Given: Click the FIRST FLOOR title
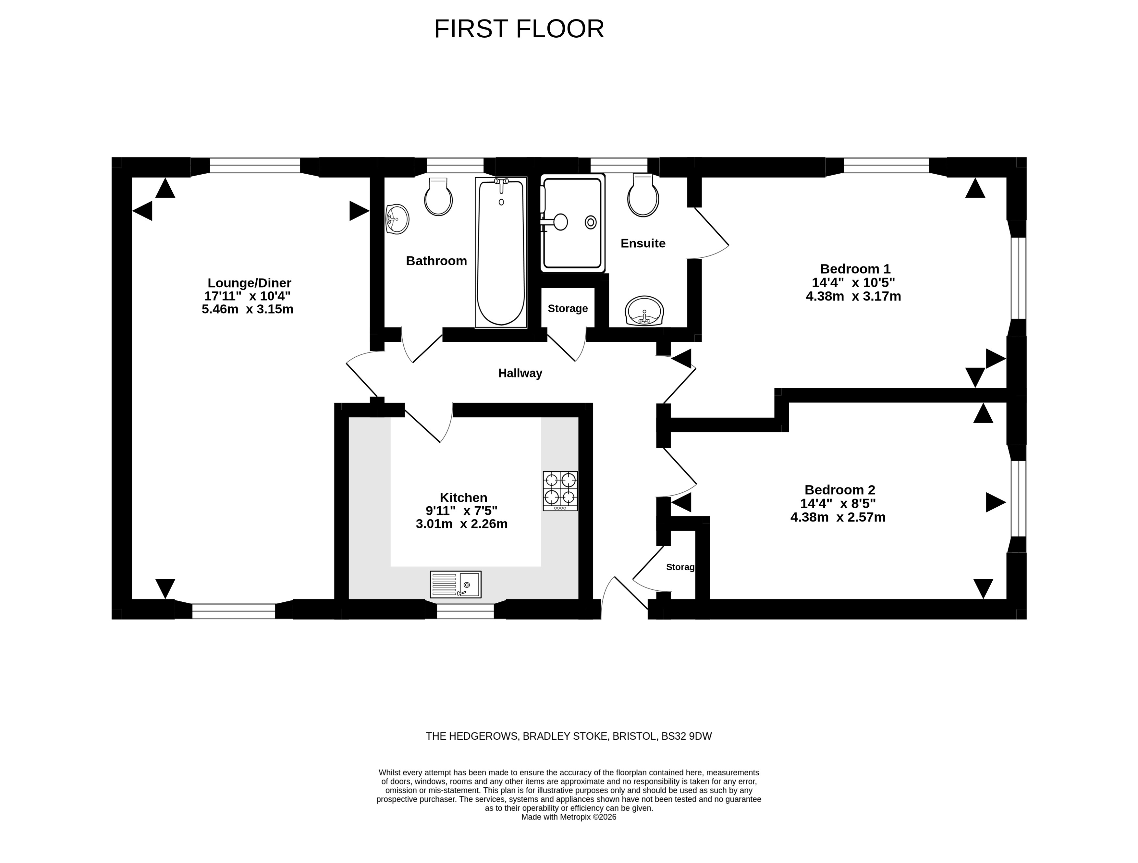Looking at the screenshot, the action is click(519, 29).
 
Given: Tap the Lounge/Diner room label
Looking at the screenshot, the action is click(250, 283).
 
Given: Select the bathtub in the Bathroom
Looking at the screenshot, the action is click(501, 252).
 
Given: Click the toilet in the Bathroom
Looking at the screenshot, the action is click(438, 197).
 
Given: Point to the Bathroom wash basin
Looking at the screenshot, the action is click(397, 219).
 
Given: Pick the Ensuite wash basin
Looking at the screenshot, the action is click(644, 311).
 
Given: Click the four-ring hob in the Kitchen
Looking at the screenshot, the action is click(560, 491).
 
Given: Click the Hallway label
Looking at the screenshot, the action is click(520, 373).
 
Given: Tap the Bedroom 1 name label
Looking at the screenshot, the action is click(855, 269).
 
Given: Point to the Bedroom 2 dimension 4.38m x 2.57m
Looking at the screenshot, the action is click(838, 517).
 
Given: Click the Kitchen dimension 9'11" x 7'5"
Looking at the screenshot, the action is click(461, 511).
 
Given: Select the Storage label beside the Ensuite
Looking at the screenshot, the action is click(568, 308).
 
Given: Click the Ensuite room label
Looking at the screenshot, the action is click(643, 243).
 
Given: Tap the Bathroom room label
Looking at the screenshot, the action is click(436, 261).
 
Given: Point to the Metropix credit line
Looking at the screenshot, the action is click(569, 817).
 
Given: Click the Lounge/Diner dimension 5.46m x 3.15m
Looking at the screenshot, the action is click(248, 309).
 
